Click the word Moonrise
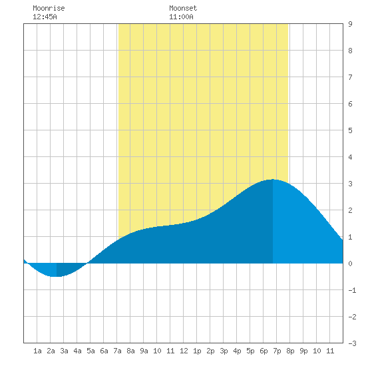point(49,8)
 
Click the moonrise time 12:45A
point(45,17)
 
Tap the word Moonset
point(183,8)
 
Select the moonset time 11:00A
point(182,17)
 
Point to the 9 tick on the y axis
point(350,24)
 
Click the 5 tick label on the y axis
point(350,130)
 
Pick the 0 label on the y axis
point(350,264)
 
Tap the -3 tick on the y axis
point(352,343)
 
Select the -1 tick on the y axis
point(352,290)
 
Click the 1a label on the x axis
point(37,351)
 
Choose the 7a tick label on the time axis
point(117,351)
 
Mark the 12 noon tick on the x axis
point(184,351)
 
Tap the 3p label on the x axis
point(224,351)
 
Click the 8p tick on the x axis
point(290,351)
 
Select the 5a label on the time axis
point(91,351)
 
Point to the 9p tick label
point(303,351)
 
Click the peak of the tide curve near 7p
point(272,179)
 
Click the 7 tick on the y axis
point(350,77)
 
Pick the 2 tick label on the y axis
point(350,210)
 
